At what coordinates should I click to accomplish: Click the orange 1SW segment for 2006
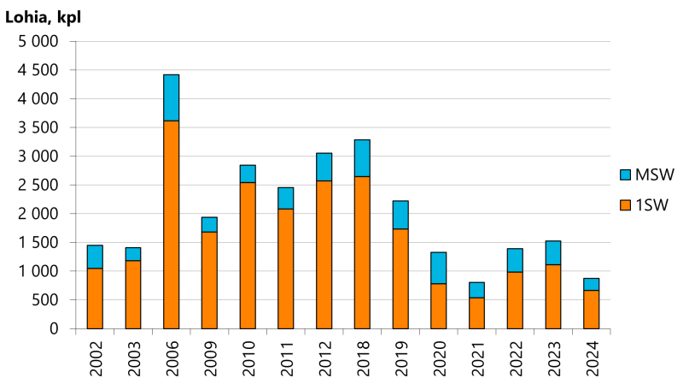point(171,224)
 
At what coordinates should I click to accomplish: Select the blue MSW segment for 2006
point(171,97)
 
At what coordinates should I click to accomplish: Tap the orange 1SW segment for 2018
point(362,252)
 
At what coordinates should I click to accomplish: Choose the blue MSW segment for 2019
point(400,215)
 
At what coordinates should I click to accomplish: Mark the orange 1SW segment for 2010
point(248,255)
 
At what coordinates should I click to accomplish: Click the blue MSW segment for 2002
point(95,257)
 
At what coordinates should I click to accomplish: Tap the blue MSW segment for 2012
point(324,167)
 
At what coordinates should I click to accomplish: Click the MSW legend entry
point(646,175)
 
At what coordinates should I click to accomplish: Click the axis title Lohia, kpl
point(43,16)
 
